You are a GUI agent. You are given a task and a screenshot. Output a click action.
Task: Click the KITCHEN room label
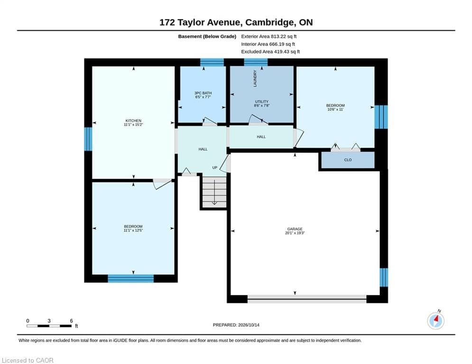[x=133, y=121]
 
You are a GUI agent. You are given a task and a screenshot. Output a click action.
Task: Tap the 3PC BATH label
[x=203, y=93]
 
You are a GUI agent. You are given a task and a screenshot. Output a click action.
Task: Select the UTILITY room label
[x=261, y=102]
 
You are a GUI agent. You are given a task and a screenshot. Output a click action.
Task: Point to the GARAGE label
[x=295, y=229]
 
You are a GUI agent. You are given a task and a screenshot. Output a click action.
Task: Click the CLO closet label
[x=348, y=160]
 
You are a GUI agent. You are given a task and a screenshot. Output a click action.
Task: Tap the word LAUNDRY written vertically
[x=255, y=79]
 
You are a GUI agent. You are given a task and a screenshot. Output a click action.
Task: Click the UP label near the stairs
[x=214, y=168]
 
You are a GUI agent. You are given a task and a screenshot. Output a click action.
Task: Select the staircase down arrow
[x=214, y=192]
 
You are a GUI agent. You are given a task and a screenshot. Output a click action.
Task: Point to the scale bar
[x=49, y=326]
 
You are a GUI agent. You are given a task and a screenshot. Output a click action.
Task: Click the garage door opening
[x=307, y=298]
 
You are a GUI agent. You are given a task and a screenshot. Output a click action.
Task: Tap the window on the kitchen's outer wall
[x=88, y=139]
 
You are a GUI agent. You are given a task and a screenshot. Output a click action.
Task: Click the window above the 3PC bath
[x=212, y=62]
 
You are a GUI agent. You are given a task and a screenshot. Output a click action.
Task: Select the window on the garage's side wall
[x=383, y=277]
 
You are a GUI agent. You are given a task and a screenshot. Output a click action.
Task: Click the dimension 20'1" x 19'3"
[x=295, y=233]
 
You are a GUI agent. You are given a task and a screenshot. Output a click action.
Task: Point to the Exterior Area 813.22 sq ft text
[x=269, y=36]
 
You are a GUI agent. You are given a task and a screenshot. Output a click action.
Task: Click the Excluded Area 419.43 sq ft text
[x=270, y=52]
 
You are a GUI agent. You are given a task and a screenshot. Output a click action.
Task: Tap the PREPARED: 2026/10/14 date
[x=236, y=325]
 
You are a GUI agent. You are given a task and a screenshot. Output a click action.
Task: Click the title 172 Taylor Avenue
[x=200, y=22]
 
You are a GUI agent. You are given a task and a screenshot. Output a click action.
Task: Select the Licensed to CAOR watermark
[x=28, y=360]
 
